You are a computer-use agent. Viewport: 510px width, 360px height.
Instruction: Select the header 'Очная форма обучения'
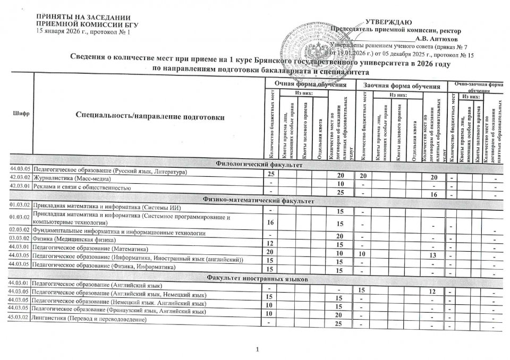point(310,84)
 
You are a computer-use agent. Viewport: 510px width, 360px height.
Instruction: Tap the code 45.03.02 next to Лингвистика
point(19,320)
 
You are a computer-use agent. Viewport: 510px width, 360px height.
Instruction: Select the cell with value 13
point(432,257)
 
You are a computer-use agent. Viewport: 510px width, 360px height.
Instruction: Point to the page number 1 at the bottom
point(257,349)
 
